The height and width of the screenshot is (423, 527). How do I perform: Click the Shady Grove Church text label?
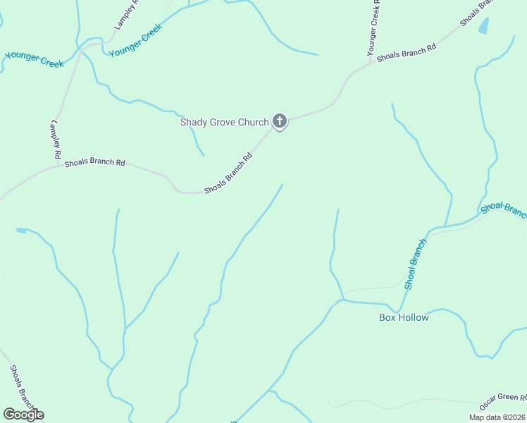point(224,122)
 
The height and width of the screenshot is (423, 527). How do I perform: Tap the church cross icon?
point(280,121)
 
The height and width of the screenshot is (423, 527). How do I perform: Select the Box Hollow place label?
point(404,317)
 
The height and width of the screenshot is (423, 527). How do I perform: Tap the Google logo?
point(23,415)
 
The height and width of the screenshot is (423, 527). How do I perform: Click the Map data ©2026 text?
point(497,417)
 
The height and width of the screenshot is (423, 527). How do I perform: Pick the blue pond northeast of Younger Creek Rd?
point(483,26)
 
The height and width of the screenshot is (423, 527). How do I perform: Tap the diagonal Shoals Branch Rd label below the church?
point(228,175)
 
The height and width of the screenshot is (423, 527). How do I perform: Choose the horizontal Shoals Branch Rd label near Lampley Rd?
point(94,163)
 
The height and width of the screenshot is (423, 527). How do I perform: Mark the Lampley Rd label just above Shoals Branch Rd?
point(56,138)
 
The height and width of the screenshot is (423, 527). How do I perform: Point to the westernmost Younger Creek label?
point(35,59)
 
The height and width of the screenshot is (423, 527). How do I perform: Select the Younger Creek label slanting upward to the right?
point(136,40)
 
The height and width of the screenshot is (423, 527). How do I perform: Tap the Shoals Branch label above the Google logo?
point(20,386)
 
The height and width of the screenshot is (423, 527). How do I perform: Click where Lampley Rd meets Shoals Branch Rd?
point(57,167)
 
